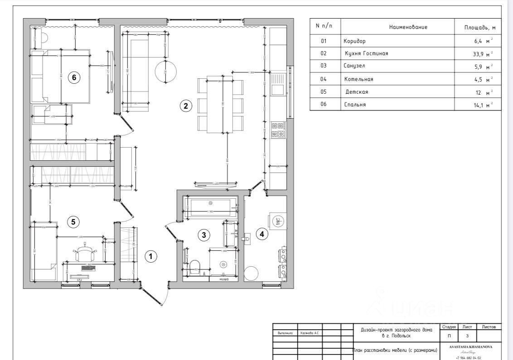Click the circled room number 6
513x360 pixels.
point(74,78)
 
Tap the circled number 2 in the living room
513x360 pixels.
point(185,106)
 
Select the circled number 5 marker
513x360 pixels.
point(73,222)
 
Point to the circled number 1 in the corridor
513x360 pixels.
point(150,257)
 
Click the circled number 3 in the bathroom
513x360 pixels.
point(204,235)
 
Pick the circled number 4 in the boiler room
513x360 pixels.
point(261,234)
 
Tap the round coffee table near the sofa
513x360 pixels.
point(166,71)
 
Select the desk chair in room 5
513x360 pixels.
point(85,252)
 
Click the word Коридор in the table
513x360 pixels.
point(354,41)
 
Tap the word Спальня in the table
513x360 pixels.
point(354,105)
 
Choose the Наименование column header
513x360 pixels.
point(408,27)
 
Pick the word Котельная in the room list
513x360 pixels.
point(358,79)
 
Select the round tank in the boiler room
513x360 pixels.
point(251,274)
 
